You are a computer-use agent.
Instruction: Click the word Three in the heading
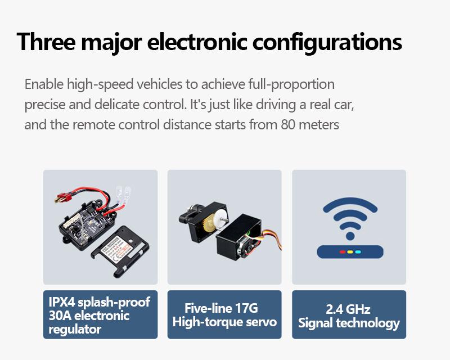46,42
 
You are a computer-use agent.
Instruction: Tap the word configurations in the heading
327,43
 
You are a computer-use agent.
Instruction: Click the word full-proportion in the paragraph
291,85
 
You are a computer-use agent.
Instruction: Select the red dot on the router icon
343,252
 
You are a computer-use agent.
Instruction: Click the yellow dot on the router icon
350,252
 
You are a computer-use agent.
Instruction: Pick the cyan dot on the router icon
358,252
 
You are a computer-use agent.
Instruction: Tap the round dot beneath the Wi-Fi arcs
350,236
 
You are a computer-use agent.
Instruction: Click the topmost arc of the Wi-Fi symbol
350,201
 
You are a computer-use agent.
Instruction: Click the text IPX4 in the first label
62,301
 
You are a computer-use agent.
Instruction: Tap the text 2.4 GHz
348,309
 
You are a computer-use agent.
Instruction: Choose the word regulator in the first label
75,330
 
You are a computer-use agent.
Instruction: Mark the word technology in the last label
368,323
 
